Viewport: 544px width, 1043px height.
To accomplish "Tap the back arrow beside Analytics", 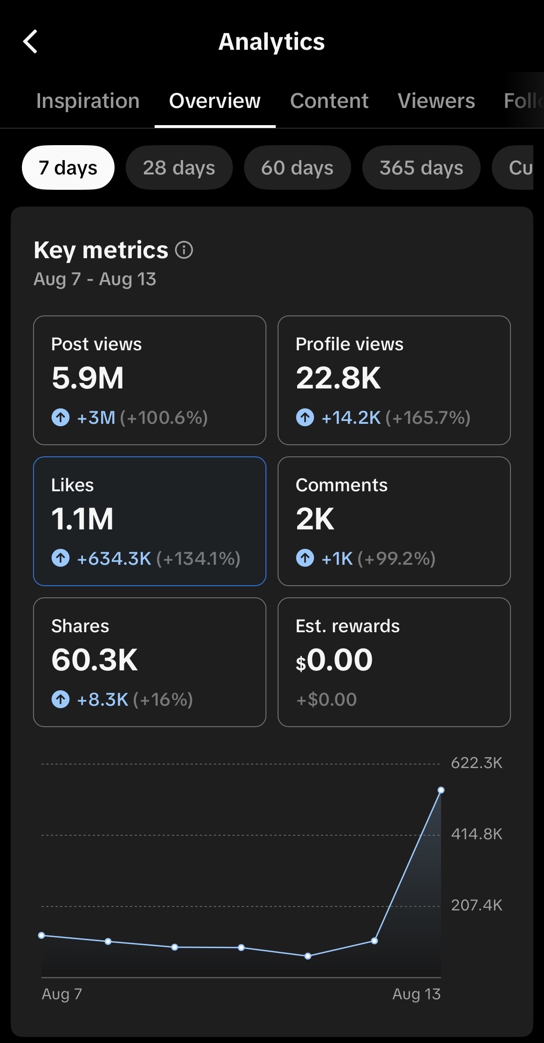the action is tap(30, 42).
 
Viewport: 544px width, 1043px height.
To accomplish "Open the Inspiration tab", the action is tap(88, 101).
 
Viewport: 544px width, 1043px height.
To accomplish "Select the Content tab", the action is tap(329, 101).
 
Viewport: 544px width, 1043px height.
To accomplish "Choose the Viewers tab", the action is tap(436, 101).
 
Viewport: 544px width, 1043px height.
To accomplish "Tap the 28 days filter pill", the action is tap(179, 167).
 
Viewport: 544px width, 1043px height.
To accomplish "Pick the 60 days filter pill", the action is tap(298, 167).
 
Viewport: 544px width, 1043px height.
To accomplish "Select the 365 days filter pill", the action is tap(422, 167).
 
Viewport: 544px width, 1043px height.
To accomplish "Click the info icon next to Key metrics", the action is tap(184, 250).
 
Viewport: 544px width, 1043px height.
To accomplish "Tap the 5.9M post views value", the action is tap(88, 378).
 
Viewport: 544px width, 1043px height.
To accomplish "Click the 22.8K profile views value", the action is tap(339, 378).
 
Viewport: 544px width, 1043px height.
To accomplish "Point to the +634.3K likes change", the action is tap(114, 559).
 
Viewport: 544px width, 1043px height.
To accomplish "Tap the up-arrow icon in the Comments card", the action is tap(305, 558).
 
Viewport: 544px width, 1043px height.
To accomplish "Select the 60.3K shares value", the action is tap(95, 660).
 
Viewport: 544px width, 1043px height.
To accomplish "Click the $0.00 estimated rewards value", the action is tap(334, 660).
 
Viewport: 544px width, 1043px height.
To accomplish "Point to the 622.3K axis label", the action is tap(476, 763).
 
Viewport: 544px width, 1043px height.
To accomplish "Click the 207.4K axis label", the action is tap(476, 905).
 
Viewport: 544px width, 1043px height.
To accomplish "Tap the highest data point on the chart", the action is tap(441, 790).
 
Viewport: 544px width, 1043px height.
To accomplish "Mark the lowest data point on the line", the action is tap(308, 956).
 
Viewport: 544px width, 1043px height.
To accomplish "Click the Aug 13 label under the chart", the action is tap(416, 994).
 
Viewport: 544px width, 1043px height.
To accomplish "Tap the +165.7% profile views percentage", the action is tap(428, 418).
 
